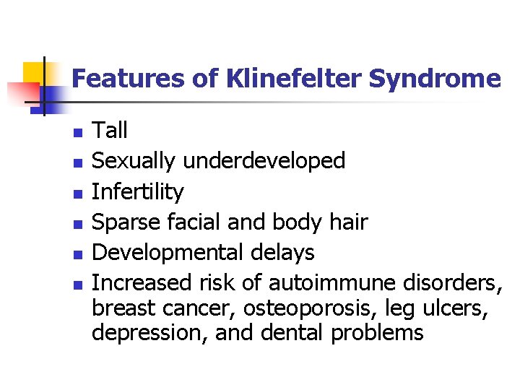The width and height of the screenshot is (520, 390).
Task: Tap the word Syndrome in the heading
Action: point(434,78)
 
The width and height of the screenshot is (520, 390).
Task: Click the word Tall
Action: point(110,131)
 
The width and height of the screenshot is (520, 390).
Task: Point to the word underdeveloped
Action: point(264,161)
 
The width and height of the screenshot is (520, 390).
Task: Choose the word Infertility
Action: point(138,192)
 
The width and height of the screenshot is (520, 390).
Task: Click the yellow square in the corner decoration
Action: point(34,71)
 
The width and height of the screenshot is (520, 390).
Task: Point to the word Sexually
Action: point(134,161)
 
